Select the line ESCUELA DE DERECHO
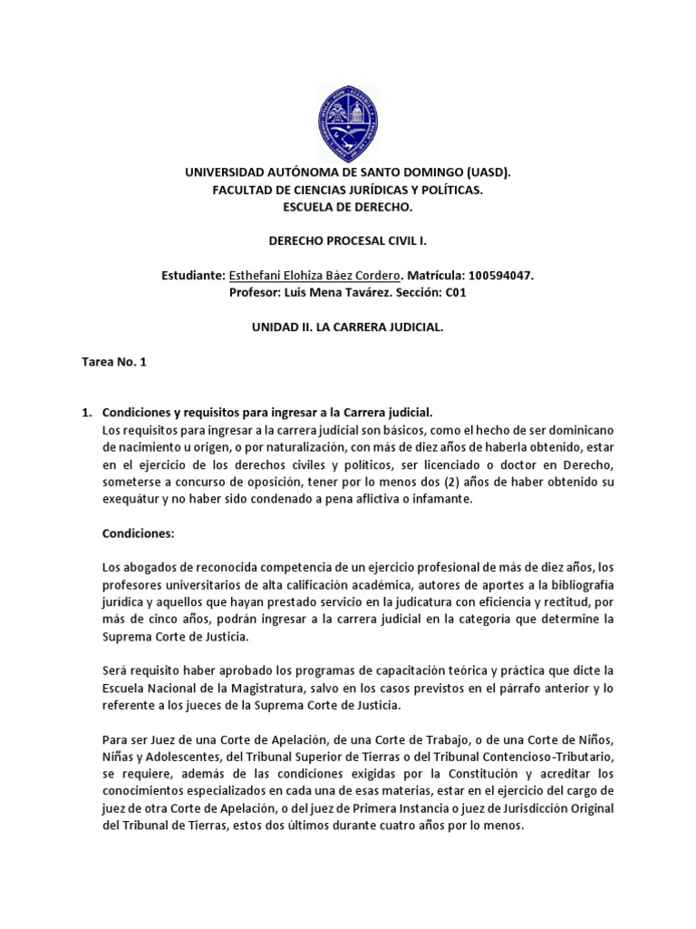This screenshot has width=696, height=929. pyautogui.click(x=348, y=208)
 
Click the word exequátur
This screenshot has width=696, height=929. pyautogui.click(x=134, y=499)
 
